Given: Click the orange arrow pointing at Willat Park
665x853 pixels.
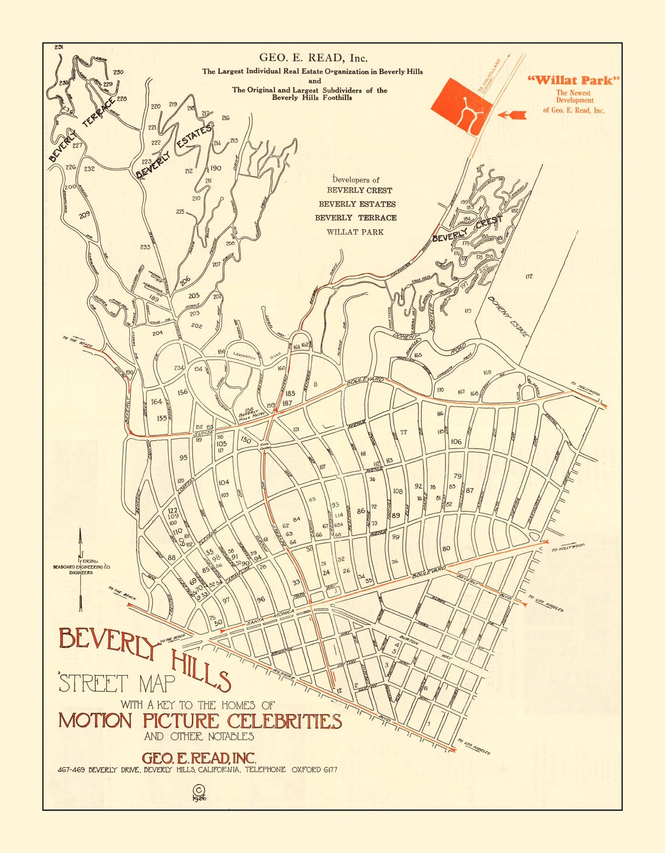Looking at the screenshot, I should [512, 115].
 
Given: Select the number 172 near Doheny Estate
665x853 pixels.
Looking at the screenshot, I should [529, 276].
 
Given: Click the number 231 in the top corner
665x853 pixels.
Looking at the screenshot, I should [58, 47].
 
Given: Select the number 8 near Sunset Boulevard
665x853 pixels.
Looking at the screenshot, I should [315, 384].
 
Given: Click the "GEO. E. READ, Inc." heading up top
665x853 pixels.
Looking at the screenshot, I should [313, 58].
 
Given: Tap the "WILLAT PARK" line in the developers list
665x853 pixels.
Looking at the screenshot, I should [355, 232].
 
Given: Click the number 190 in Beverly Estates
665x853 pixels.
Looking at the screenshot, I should [215, 168].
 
